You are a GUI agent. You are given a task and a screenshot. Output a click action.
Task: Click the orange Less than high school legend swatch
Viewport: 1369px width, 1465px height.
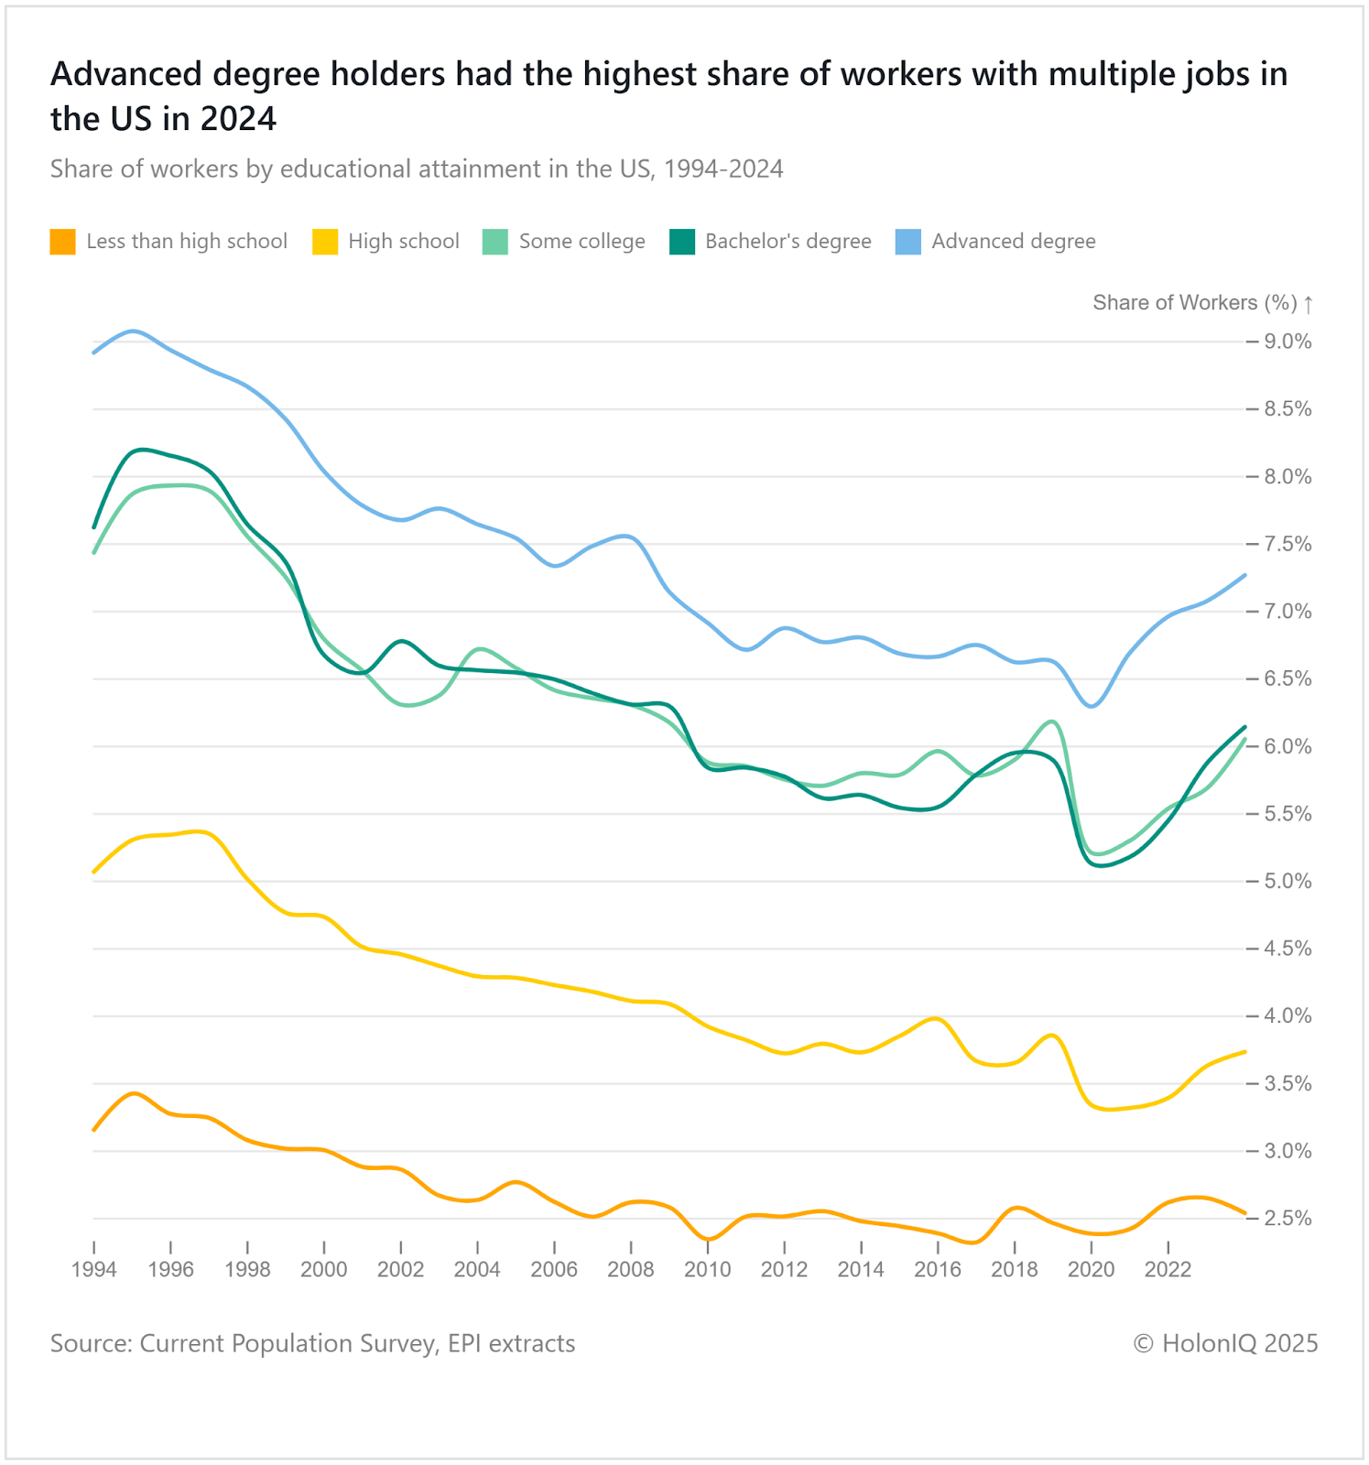tap(62, 242)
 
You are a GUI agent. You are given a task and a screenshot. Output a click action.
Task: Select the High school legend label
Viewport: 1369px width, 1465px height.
tap(404, 242)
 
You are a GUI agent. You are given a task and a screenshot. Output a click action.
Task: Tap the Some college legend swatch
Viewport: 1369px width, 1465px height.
tap(494, 242)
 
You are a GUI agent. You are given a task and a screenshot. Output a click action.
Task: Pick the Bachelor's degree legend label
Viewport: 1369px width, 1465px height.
tap(788, 242)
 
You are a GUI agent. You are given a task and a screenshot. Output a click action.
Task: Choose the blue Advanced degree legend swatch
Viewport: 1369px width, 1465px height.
tap(907, 242)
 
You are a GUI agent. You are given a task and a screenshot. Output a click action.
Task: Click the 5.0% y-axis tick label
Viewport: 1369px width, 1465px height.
tap(1288, 882)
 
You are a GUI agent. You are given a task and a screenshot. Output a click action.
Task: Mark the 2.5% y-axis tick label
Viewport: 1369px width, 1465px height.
tap(1288, 1219)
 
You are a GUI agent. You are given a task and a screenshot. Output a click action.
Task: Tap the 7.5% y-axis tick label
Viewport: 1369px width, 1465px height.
tap(1288, 544)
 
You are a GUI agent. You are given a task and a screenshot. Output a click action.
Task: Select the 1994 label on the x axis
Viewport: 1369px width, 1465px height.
tap(94, 1270)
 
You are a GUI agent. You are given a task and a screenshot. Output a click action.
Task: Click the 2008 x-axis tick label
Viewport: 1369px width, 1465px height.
tap(631, 1270)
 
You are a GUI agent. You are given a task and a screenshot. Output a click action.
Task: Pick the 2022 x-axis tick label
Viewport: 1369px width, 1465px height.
tap(1168, 1270)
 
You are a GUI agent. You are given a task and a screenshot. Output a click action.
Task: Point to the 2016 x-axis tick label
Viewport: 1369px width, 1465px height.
tap(938, 1270)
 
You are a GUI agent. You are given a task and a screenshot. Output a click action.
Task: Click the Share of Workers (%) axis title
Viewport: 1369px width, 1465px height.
tap(1194, 303)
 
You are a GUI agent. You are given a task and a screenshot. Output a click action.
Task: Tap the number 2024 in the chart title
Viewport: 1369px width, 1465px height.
tap(240, 119)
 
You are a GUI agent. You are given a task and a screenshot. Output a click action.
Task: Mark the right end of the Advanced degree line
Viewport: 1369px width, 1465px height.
tap(1245, 575)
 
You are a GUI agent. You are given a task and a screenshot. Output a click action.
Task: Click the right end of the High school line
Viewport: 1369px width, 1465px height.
tap(1245, 1051)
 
